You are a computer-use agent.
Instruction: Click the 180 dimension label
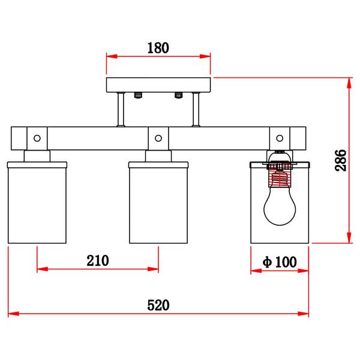[x=158, y=48]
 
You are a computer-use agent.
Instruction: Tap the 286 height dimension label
[x=340, y=160]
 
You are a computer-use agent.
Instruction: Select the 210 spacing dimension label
[x=98, y=260]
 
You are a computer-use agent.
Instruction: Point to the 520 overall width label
[x=158, y=305]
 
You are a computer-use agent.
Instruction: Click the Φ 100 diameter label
[x=280, y=262]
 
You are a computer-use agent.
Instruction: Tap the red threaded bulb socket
[x=280, y=175]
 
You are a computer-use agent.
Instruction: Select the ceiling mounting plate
[x=158, y=85]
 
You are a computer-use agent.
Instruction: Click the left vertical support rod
[x=121, y=110]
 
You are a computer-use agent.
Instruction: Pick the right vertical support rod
[x=196, y=110]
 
